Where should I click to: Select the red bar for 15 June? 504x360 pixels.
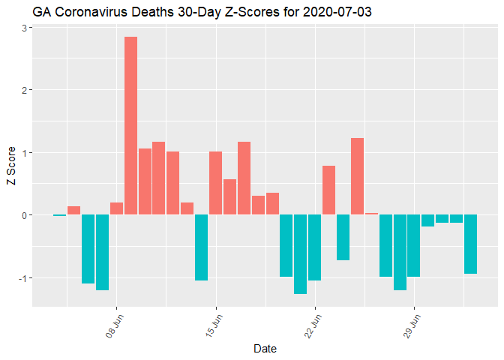pos(216,183)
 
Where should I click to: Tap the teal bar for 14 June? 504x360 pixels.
pos(202,247)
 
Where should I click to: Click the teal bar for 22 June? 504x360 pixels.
pos(315,247)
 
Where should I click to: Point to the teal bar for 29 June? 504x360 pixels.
pos(413,246)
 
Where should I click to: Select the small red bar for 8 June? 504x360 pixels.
pos(116,208)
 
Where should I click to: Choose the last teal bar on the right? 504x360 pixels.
pos(470,244)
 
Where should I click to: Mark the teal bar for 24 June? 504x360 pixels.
pos(343,237)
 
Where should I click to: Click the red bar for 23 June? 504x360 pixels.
pos(328,190)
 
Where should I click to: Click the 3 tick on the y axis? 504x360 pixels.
pos(24,28)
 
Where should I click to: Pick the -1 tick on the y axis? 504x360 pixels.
pos(22,278)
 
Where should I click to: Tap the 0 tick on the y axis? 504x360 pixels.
pos(24,215)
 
